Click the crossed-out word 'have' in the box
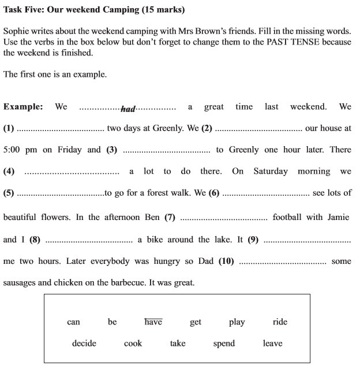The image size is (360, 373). point(153,322)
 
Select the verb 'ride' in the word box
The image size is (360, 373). point(280,322)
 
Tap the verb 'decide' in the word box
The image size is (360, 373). point(84,343)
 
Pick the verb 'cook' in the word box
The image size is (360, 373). point(133,343)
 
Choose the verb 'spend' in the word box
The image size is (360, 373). point(224,343)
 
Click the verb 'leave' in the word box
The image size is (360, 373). point(272,343)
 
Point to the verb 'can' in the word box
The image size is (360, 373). point(73,322)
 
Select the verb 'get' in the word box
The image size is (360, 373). point(196,322)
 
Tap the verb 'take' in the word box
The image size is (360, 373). point(178,343)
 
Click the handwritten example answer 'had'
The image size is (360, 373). point(128,109)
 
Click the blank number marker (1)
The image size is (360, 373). point(9,128)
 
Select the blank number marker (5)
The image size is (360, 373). point(9,193)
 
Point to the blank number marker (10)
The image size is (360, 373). point(226,261)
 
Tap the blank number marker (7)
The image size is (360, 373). point(170,218)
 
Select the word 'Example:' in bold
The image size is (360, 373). point(23,107)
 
